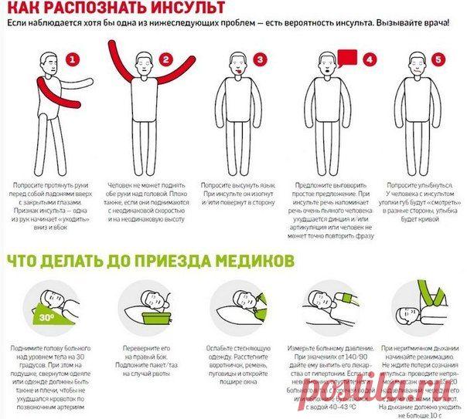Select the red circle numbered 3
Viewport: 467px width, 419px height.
click(x=261, y=59)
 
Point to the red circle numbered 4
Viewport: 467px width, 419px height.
click(x=370, y=59)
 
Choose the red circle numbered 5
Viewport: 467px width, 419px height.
click(x=439, y=59)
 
